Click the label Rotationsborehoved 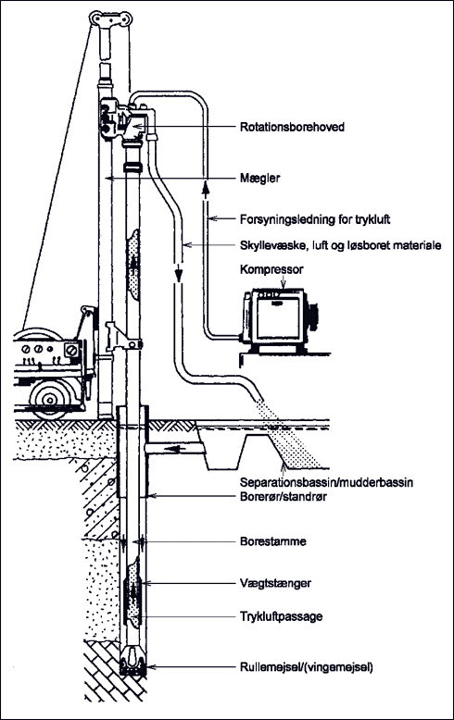[x=292, y=127]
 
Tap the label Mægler [x=259, y=179]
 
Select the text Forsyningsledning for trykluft [x=315, y=219]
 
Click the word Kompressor [x=271, y=269]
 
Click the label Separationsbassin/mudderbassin [x=326, y=482]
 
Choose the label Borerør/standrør [x=284, y=496]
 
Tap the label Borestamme [x=273, y=541]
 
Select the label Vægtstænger [x=275, y=584]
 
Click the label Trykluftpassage [x=281, y=616]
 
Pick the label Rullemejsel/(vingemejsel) [x=307, y=666]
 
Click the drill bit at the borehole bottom [x=133, y=661]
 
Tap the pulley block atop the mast [x=111, y=19]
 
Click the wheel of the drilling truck [x=48, y=398]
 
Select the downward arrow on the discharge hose [x=178, y=273]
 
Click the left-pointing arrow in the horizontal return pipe [x=171, y=449]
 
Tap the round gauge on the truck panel [x=71, y=351]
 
